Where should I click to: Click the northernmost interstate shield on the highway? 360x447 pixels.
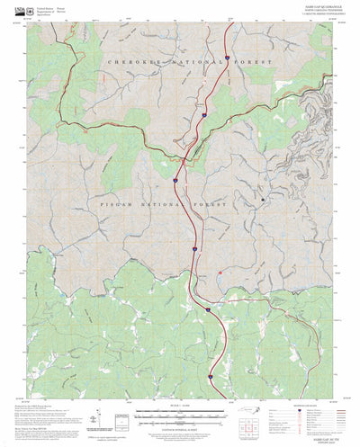(227, 57)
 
